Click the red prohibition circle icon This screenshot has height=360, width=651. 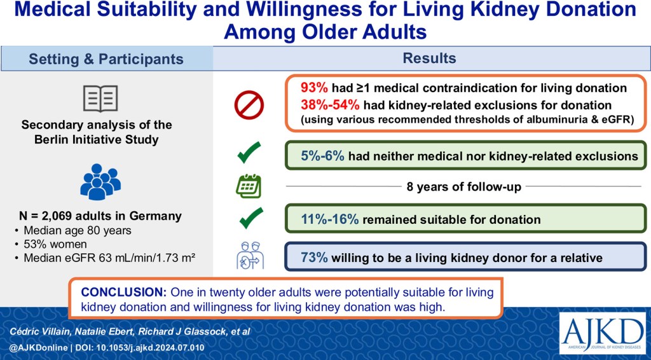249,105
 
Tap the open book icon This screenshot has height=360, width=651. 100,99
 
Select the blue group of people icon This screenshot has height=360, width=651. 100,182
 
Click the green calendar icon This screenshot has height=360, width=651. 249,186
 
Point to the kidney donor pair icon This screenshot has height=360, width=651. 250,255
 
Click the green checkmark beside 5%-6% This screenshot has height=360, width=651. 249,153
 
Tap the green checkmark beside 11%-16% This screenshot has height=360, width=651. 250,218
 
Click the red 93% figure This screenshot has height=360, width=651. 314,88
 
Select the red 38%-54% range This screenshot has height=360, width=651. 331,105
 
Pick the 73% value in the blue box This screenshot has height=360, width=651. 314,258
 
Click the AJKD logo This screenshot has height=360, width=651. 603,333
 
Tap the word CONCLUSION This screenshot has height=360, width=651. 124,293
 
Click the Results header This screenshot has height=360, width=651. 429,58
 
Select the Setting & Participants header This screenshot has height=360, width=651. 106,59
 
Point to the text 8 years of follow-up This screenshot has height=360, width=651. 463,187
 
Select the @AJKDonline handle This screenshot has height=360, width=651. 38,347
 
